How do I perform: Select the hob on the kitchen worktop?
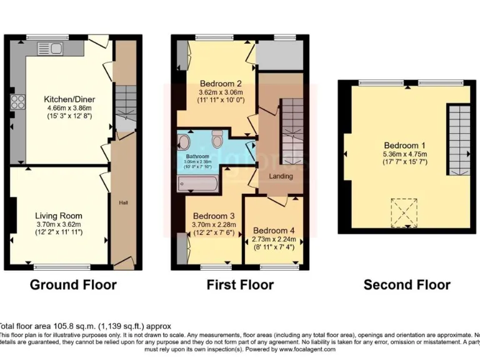pyautogui.click(x=17, y=104)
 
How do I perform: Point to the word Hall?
pyautogui.click(x=124, y=202)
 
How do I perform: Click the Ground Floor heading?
pyautogui.click(x=73, y=285)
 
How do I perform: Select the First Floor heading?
pyautogui.click(x=240, y=285)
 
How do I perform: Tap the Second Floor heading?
pyautogui.click(x=407, y=285)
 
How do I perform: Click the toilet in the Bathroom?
pyautogui.click(x=217, y=137)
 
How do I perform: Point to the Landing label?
pyautogui.click(x=281, y=176)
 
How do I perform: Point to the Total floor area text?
pyautogui.click(x=84, y=326)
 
